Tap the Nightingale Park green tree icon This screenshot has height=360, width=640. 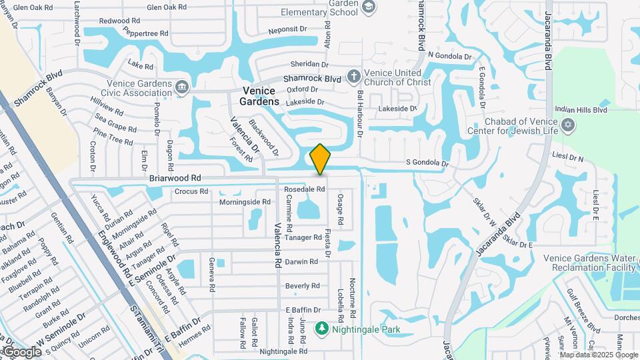pyautogui.click(x=322, y=328)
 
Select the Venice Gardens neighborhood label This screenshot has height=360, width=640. pyautogui.click(x=260, y=96)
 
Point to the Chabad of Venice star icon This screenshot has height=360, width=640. pyautogui.click(x=568, y=125)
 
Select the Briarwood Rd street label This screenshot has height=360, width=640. pyautogui.click(x=175, y=178)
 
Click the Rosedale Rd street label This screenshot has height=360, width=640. pyautogui.click(x=305, y=189)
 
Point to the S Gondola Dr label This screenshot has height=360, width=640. pyautogui.click(x=427, y=163)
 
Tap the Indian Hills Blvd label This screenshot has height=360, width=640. pyautogui.click(x=581, y=109)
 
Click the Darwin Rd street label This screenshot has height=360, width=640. pyautogui.click(x=301, y=261)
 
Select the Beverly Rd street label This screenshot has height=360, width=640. pyautogui.click(x=302, y=285)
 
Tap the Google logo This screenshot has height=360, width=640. pyautogui.click(x=21, y=352)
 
